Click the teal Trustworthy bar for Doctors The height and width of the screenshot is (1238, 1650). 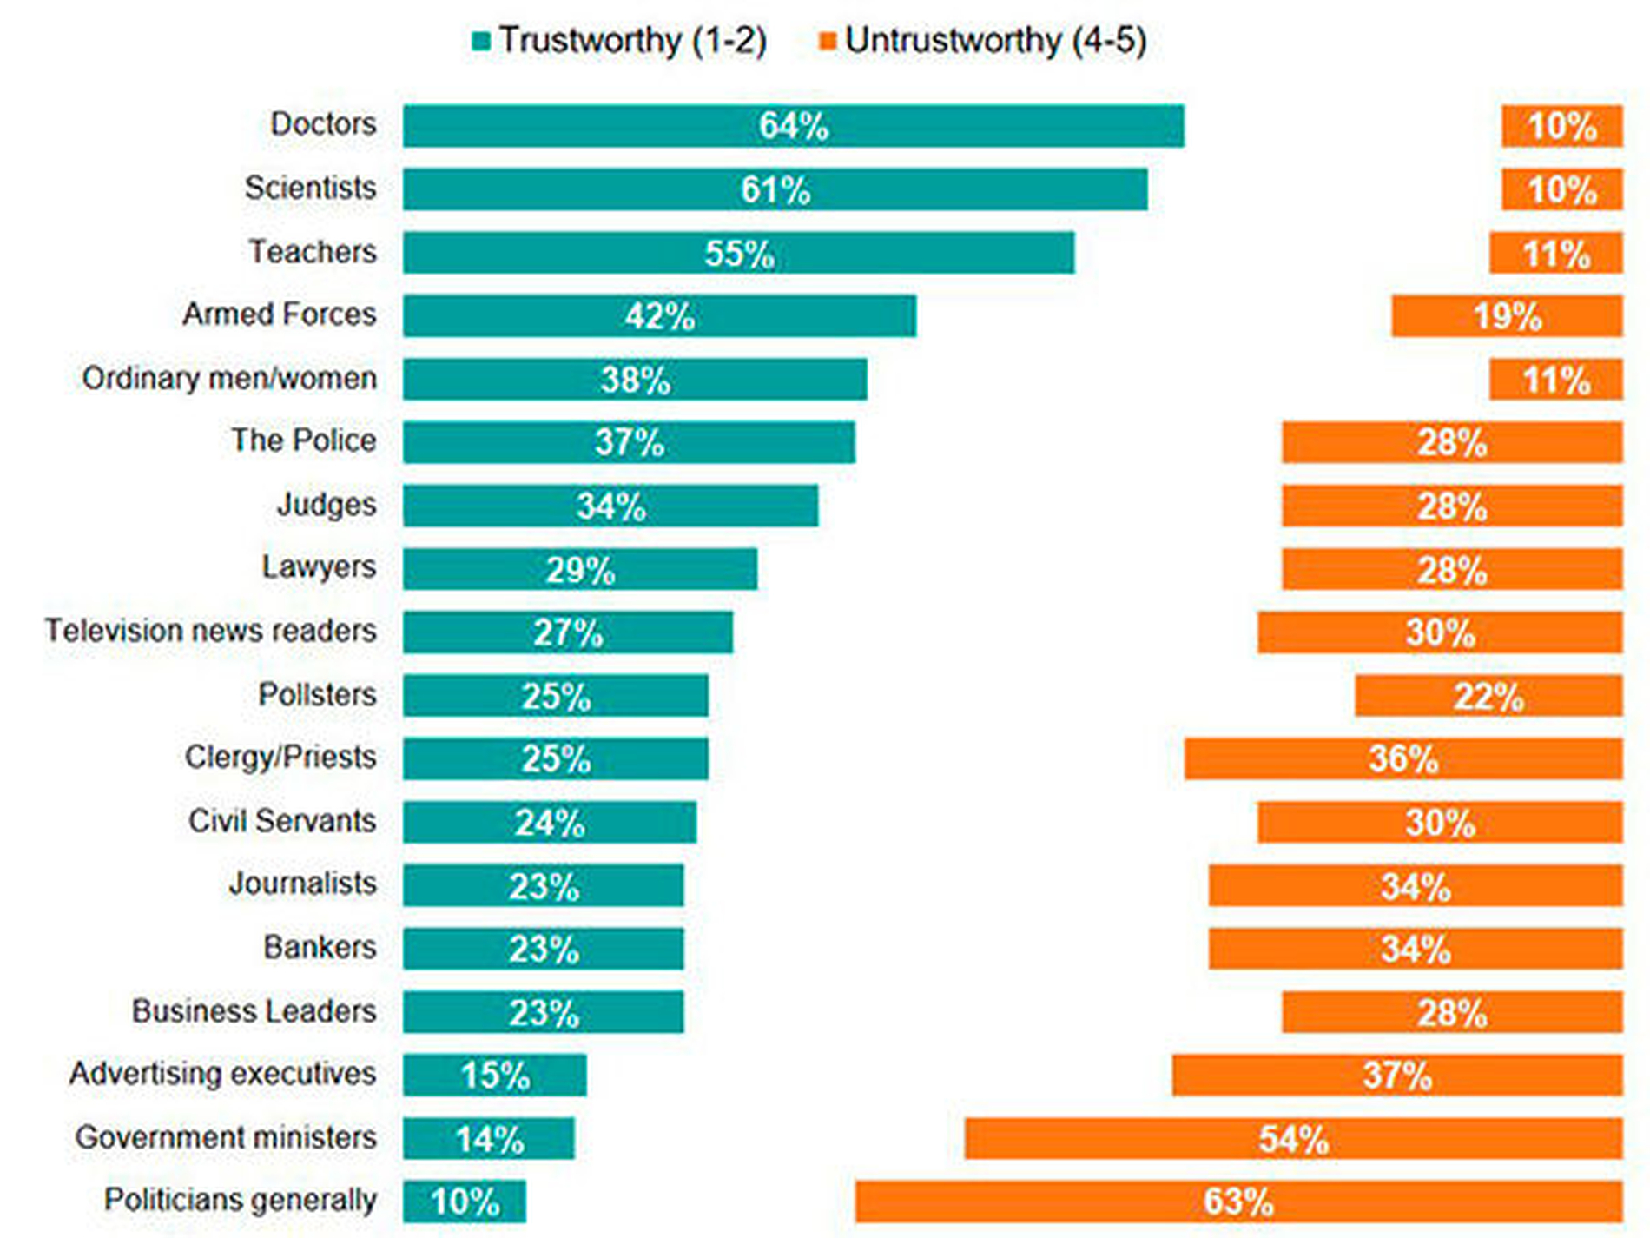coord(793,126)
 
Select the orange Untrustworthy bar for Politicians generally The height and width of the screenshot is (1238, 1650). coord(1238,1202)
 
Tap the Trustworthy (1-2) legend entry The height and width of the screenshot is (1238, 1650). coord(619,41)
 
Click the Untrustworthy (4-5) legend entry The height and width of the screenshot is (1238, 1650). coord(983,41)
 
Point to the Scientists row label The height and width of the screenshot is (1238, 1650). coord(310,188)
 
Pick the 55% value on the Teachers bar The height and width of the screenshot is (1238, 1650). coord(739,254)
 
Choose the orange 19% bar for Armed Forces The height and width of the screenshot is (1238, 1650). coord(1507,315)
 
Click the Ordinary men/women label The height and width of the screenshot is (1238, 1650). coord(229,378)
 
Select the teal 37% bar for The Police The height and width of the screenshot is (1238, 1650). coord(629,442)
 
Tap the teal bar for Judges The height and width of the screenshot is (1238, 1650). coord(610,506)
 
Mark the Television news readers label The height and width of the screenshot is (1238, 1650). coord(210,630)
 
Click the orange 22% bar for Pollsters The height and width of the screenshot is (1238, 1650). coord(1488,696)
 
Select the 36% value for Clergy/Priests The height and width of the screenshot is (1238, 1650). coord(1403,758)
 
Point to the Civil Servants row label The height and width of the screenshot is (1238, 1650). coord(282,820)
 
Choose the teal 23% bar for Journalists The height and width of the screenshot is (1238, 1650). coord(543,885)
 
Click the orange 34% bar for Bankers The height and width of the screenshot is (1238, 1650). coord(1416,948)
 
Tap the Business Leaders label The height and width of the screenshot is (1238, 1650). coord(254,1010)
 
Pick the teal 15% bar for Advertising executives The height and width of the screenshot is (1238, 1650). coord(494,1075)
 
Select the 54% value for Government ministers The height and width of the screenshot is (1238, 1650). coord(1294,1139)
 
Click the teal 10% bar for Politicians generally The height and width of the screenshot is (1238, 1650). coord(464,1202)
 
